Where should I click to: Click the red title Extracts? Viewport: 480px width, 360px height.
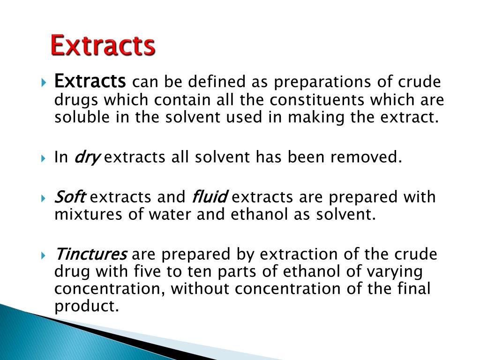103,46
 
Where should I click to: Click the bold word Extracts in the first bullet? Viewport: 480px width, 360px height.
90,82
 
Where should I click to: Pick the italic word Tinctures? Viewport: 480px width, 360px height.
91,255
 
